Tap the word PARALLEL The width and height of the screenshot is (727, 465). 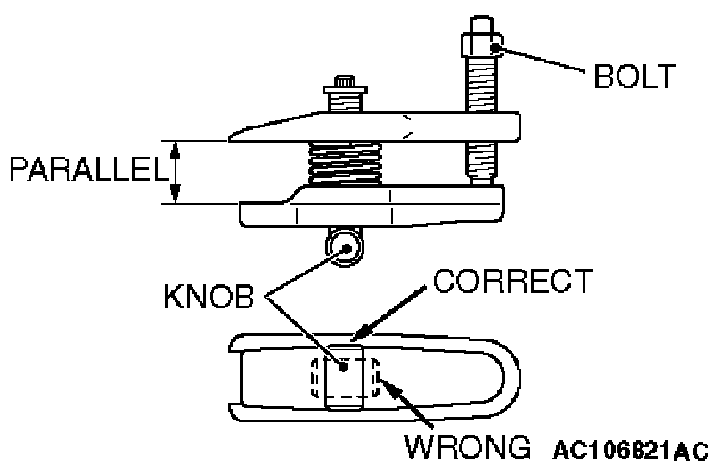click(87, 170)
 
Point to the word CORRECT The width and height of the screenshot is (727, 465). click(511, 283)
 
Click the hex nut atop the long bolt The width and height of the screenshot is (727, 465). click(481, 45)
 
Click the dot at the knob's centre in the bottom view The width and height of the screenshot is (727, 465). click(343, 365)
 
